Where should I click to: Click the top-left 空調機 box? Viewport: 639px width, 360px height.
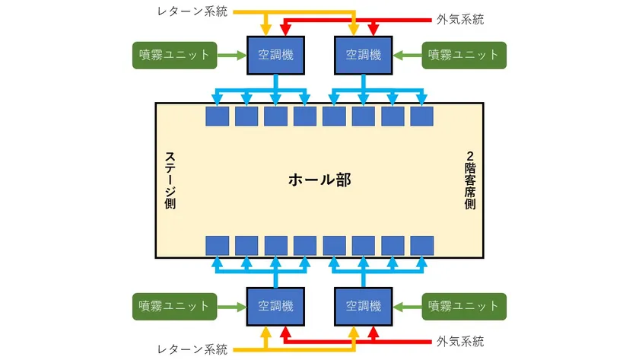pyautogui.click(x=276, y=55)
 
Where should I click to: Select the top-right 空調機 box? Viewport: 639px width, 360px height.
pyautogui.click(x=364, y=55)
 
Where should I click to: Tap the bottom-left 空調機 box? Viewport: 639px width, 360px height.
pyautogui.click(x=276, y=307)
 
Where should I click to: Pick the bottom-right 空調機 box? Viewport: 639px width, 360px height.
pyautogui.click(x=364, y=307)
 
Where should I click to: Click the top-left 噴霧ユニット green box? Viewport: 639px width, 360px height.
pyautogui.click(x=175, y=55)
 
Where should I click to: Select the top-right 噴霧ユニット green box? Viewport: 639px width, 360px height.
pyautogui.click(x=464, y=55)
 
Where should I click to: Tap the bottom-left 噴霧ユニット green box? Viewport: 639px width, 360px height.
pyautogui.click(x=175, y=307)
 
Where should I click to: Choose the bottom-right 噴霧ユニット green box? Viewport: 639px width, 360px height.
pyautogui.click(x=464, y=307)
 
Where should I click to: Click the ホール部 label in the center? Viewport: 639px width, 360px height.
pyautogui.click(x=320, y=180)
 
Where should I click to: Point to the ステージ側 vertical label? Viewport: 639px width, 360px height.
pyautogui.click(x=170, y=180)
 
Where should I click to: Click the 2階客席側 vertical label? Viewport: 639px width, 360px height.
pyautogui.click(x=470, y=180)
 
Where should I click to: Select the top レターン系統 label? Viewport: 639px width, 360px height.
pyautogui.click(x=192, y=11)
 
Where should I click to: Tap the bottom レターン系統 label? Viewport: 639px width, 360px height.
pyautogui.click(x=192, y=349)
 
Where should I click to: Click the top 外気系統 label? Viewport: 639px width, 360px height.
pyautogui.click(x=460, y=19)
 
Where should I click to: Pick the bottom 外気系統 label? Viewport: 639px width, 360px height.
pyautogui.click(x=460, y=341)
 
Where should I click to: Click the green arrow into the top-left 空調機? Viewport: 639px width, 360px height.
pyautogui.click(x=232, y=56)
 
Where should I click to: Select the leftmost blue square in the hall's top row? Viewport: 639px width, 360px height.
pyautogui.click(x=218, y=116)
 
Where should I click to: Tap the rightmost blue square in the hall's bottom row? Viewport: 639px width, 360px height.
pyautogui.click(x=421, y=246)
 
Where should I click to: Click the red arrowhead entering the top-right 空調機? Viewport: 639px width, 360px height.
pyautogui.click(x=374, y=30)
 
